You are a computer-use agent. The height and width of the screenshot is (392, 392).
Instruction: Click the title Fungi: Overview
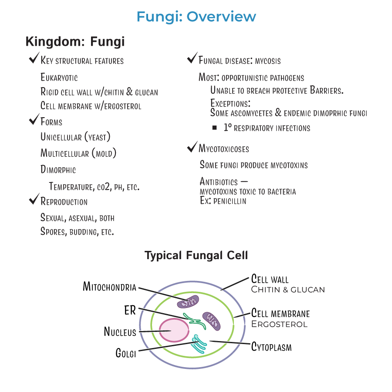tap(196, 17)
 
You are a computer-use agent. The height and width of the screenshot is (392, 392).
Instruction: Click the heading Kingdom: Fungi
tap(75, 41)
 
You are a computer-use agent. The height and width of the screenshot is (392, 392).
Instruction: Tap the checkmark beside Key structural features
tap(34, 58)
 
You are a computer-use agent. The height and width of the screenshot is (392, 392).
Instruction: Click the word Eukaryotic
tap(59, 77)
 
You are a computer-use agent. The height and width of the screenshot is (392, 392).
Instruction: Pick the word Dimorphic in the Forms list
tap(58, 169)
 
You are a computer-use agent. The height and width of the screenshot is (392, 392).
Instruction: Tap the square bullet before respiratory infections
tap(214, 128)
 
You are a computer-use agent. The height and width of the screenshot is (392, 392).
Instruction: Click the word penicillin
tap(230, 201)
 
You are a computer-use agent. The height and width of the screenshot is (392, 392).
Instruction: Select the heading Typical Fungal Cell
tap(196, 256)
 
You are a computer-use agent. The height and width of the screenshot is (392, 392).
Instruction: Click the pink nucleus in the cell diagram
tap(174, 330)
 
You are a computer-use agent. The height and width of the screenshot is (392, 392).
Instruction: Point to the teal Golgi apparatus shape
tap(199, 344)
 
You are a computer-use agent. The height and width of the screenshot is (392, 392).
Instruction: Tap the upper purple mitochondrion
tap(188, 302)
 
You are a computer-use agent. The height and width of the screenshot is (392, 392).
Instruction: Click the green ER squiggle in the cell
tap(195, 321)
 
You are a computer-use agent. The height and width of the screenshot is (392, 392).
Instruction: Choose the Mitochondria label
tap(109, 287)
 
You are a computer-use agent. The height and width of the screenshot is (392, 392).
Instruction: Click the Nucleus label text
tap(120, 332)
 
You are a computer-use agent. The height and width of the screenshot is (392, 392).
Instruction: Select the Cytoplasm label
tap(271, 347)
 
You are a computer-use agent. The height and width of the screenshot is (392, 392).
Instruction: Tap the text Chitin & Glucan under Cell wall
tap(288, 290)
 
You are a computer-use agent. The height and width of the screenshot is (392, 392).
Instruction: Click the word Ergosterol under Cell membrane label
tap(279, 324)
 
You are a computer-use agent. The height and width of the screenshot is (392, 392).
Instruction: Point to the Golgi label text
tap(126, 353)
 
